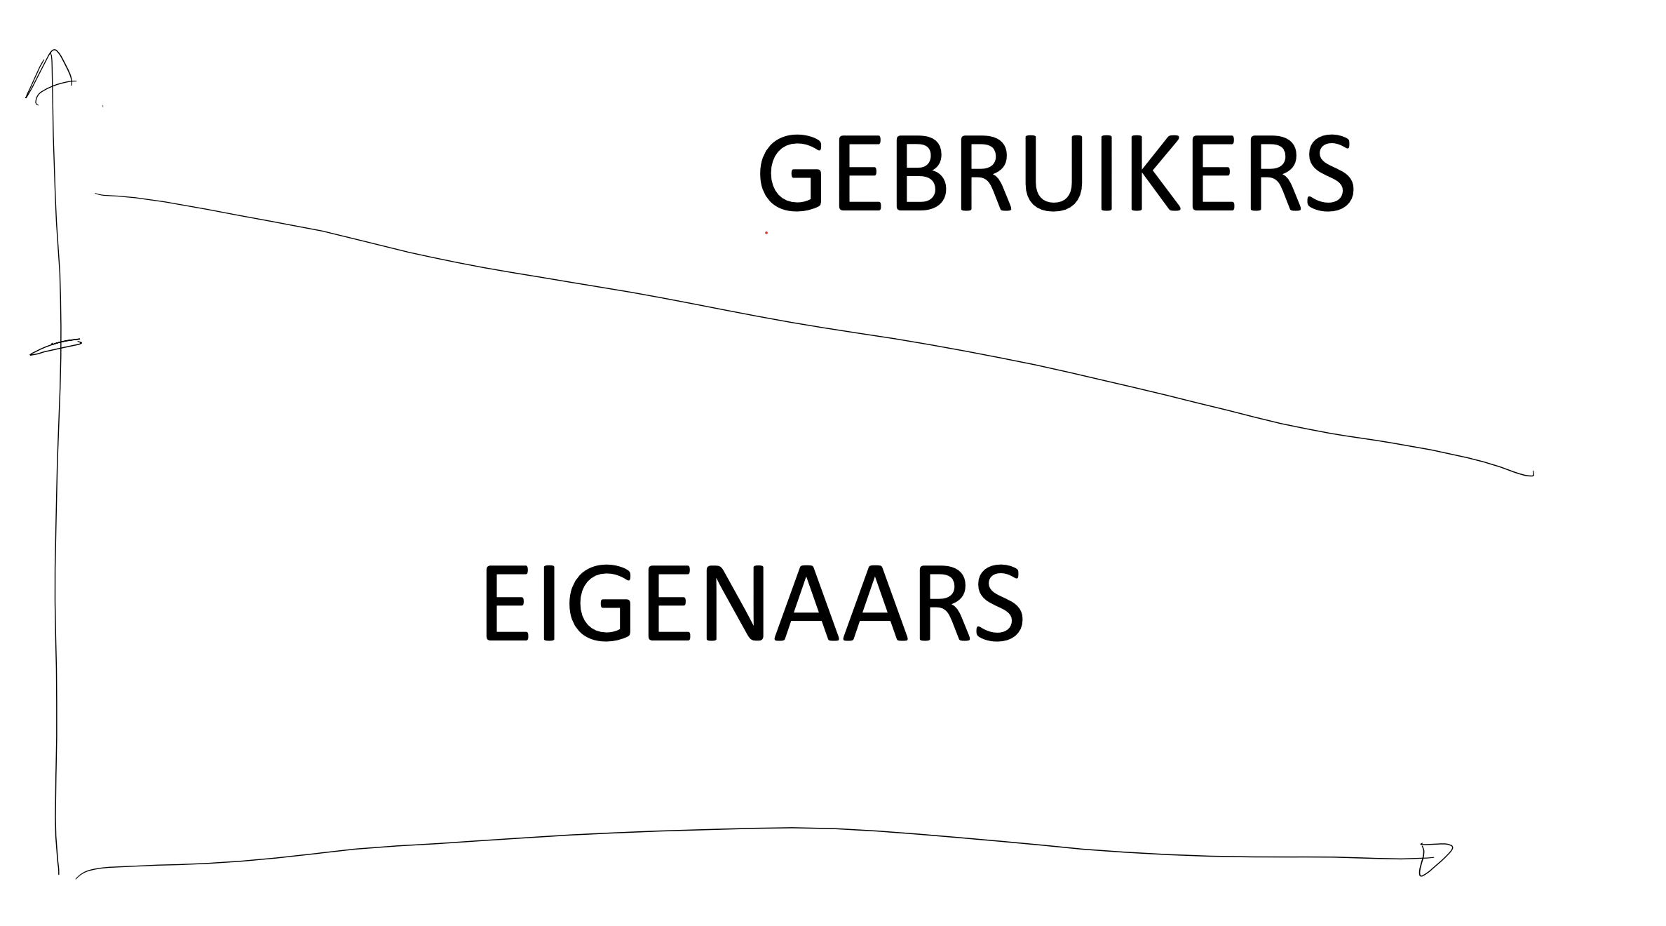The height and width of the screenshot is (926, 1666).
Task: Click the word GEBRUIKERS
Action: coord(1055,173)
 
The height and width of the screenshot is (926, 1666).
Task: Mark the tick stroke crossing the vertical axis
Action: coord(55,347)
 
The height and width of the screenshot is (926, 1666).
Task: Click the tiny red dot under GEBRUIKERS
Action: coord(766,232)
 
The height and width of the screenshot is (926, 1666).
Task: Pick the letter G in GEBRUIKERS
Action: coord(790,173)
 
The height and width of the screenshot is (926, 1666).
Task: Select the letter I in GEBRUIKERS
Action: coord(1106,173)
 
